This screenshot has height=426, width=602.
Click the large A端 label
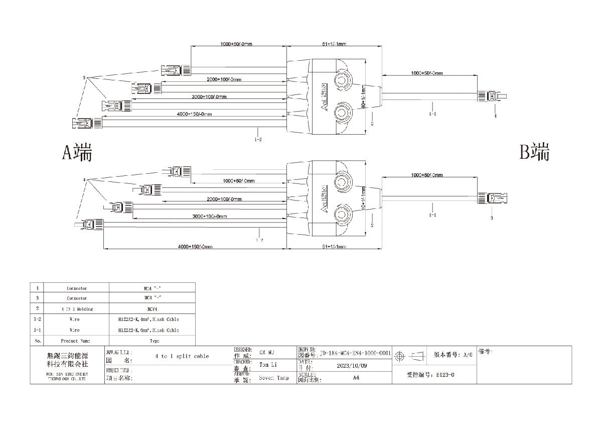[77, 152]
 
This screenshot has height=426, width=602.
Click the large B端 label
[534, 152]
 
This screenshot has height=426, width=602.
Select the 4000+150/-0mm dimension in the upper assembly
[194, 114]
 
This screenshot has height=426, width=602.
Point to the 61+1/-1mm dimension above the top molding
[334, 44]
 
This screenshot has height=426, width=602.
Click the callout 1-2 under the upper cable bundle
[258, 139]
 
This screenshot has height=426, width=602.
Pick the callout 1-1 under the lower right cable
[432, 215]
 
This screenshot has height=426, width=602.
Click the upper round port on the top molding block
[343, 80]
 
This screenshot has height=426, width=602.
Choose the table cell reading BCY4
[152, 309]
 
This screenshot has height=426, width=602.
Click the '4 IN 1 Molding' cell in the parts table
[77, 309]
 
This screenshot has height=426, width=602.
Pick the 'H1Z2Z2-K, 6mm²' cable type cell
[152, 331]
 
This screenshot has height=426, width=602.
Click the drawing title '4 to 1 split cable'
[183, 356]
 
